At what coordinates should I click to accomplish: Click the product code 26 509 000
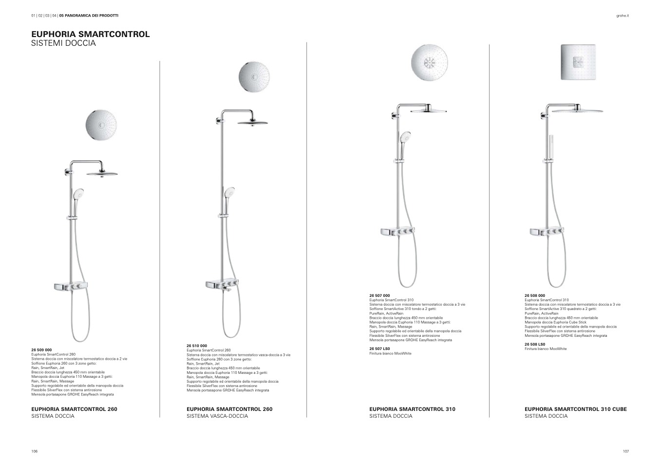(x=41, y=350)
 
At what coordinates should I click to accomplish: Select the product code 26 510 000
(x=197, y=346)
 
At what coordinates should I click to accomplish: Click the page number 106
(x=35, y=451)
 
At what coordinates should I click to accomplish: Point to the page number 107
(x=626, y=451)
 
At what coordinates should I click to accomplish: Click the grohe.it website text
(x=622, y=16)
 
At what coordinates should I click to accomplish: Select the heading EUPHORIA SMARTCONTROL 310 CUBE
(x=576, y=409)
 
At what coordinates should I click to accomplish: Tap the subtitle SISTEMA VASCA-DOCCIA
(x=217, y=416)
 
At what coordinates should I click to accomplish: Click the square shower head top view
(x=578, y=62)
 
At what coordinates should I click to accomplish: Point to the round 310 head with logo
(x=429, y=62)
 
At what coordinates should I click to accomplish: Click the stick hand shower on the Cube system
(x=551, y=147)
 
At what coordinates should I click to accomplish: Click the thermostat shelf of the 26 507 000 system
(x=398, y=232)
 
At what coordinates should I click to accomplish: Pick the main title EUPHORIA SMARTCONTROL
(x=91, y=34)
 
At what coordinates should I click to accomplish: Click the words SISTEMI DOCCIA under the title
(x=64, y=43)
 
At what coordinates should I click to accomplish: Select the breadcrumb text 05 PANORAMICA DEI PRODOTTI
(x=89, y=16)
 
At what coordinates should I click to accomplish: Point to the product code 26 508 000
(x=535, y=295)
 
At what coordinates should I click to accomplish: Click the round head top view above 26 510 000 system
(x=254, y=77)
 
